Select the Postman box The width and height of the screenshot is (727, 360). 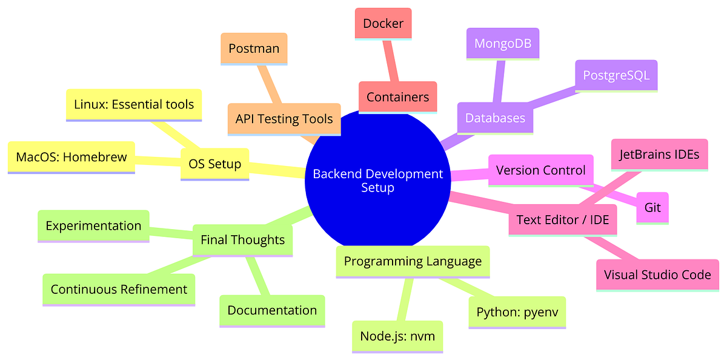(254, 48)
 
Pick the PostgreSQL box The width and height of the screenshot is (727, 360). (616, 75)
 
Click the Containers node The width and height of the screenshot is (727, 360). (397, 97)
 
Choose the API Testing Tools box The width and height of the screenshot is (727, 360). (284, 118)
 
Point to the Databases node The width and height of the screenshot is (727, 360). (495, 118)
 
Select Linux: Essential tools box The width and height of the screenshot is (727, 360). (133, 104)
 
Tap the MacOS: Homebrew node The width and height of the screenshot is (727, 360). (71, 157)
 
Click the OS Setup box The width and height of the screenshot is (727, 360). (215, 164)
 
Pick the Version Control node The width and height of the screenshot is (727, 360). (540, 170)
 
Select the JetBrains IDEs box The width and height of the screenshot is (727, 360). (659, 155)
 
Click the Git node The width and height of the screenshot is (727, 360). (652, 208)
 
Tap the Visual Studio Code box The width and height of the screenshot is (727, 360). (657, 275)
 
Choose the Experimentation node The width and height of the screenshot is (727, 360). (93, 225)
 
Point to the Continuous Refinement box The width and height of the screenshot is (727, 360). (119, 289)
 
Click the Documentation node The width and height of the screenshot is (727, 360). (272, 310)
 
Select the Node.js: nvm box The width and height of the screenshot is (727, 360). (397, 336)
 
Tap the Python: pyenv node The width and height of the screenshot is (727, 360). (517, 312)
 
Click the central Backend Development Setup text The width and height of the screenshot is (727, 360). (378, 181)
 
